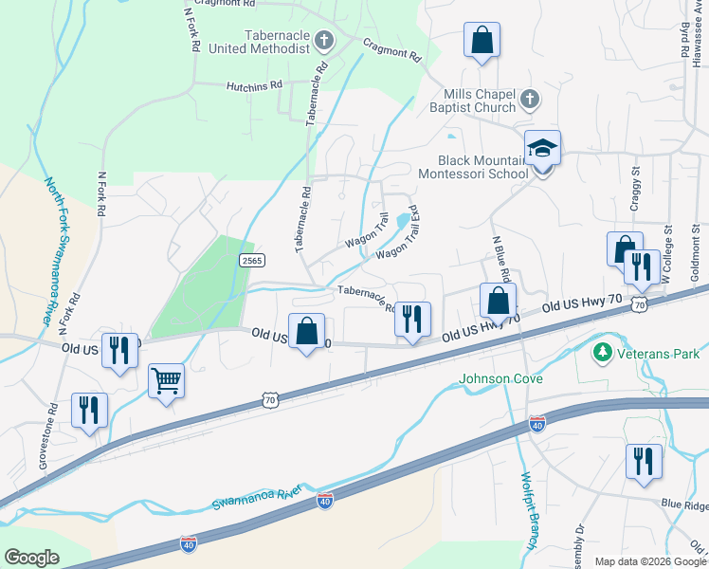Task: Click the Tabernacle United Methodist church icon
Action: click(324, 41)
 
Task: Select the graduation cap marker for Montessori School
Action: click(542, 149)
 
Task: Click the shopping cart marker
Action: click(167, 381)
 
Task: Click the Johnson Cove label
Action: click(501, 379)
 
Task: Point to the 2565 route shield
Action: click(251, 260)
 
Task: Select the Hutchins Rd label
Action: click(254, 85)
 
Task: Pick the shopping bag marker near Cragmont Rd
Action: click(482, 41)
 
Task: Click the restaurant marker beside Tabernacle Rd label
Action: click(412, 320)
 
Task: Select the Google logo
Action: click(31, 558)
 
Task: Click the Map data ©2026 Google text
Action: click(649, 561)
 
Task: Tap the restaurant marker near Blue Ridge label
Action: click(644, 462)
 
